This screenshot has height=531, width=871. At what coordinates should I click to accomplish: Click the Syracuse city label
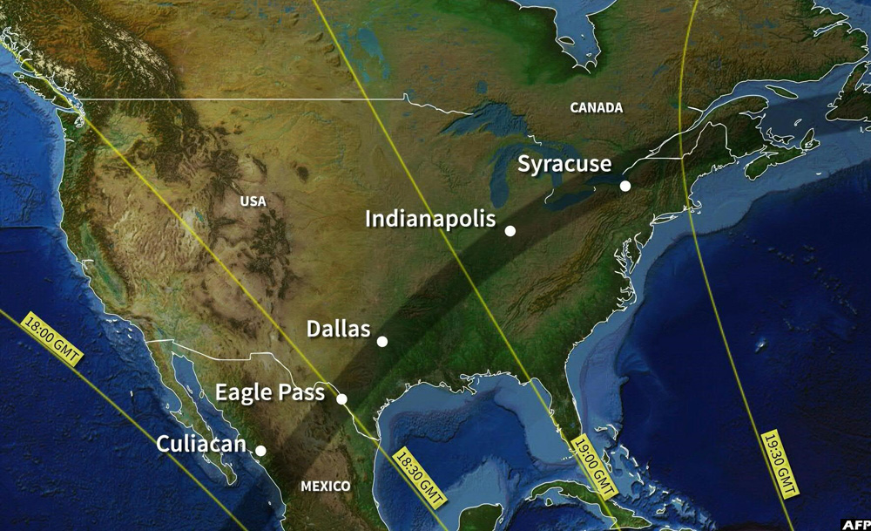pos(564,164)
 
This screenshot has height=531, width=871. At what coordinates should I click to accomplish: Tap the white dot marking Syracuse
pos(625,186)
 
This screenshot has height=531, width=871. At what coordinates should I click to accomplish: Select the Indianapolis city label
pos(430,218)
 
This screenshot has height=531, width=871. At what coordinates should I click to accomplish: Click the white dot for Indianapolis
pos(510,231)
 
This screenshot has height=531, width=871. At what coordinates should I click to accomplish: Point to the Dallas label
pos(339,330)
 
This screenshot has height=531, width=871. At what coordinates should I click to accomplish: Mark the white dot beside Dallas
pos(382,341)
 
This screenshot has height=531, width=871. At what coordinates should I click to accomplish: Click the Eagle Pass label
pos(270,392)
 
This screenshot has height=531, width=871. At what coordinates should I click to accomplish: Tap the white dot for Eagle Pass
pos(342,399)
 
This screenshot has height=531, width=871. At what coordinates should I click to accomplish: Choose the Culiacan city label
pos(201,444)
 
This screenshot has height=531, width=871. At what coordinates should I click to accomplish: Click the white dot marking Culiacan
pos(260,451)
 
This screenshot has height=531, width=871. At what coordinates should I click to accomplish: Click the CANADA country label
pos(597,108)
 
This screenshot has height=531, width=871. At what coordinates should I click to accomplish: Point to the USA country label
pos(253,201)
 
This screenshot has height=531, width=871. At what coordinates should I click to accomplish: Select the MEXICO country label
pos(326,486)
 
